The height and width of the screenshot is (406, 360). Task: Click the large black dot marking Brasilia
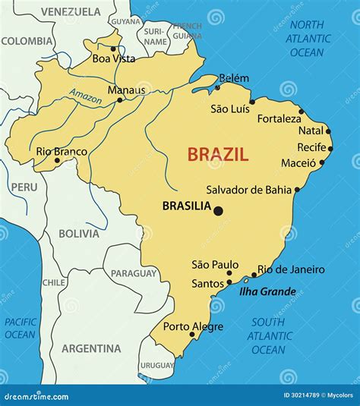(218, 211)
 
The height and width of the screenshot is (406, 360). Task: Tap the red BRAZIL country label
(218, 155)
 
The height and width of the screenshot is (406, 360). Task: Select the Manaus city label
(126, 90)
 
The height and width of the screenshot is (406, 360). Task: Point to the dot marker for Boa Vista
(113, 48)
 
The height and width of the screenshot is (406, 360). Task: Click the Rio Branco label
(62, 152)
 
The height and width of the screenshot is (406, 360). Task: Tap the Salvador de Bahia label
(248, 190)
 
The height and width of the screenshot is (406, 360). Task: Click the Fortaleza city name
(279, 119)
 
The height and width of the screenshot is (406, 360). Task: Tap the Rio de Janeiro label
(291, 269)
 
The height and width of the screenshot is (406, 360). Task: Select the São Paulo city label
(210, 264)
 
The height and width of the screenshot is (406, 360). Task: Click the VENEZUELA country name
(71, 11)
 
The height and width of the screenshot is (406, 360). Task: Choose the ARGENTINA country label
(91, 348)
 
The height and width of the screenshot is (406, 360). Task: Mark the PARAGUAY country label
(134, 273)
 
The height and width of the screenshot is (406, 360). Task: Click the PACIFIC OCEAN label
(20, 328)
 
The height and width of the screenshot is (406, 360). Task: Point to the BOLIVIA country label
(79, 233)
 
